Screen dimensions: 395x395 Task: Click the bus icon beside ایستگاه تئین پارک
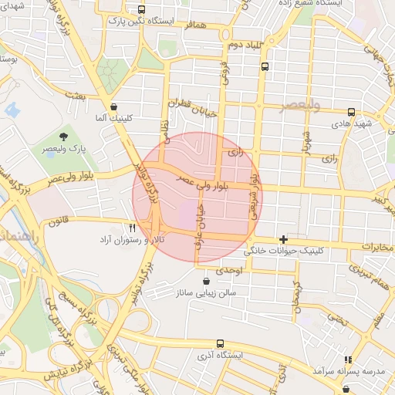pos(140,9)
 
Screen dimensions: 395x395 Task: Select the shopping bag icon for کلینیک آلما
pos(114,106)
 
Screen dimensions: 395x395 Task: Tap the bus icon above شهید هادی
pos(352,112)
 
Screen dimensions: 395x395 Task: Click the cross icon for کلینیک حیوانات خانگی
pos(283,239)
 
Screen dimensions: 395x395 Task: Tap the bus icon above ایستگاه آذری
pos(221,343)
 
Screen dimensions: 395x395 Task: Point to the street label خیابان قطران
pos(188,103)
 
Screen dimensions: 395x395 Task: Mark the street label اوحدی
pos(229,272)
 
